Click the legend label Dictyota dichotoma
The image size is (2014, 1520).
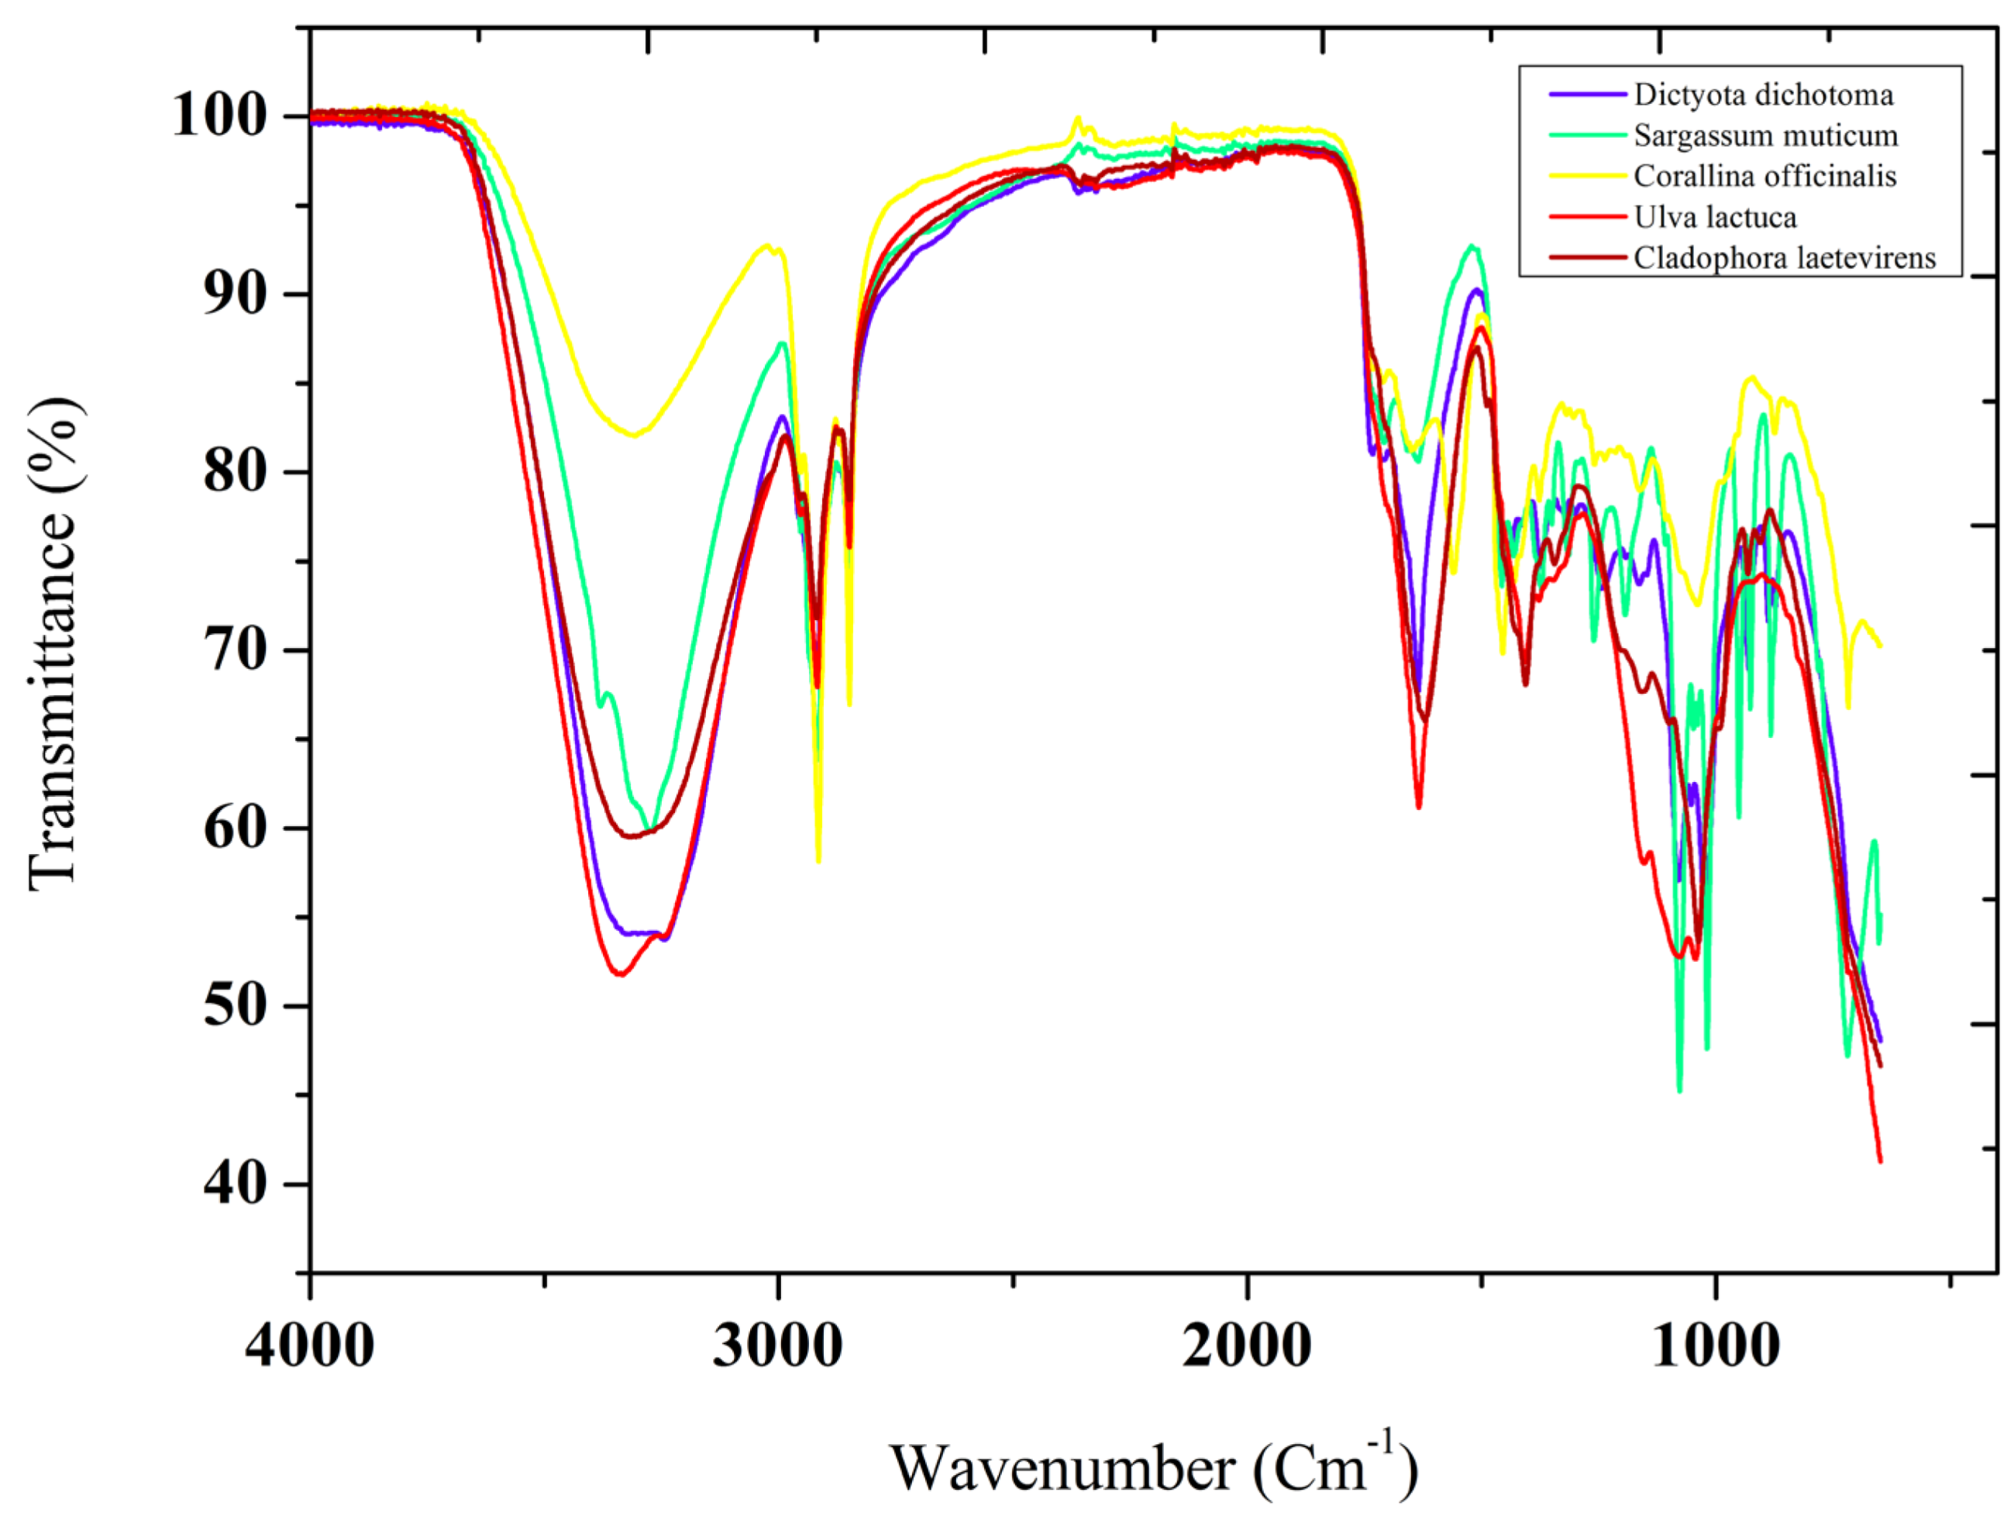pyautogui.click(x=1763, y=95)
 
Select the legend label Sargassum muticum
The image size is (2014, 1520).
pyautogui.click(x=1765, y=136)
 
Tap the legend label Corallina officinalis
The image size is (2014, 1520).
pyautogui.click(x=1764, y=176)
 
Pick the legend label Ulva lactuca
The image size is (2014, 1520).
pyautogui.click(x=1714, y=217)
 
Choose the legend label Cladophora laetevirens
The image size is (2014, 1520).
pyautogui.click(x=1784, y=258)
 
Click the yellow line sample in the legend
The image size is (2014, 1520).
pyautogui.click(x=1587, y=175)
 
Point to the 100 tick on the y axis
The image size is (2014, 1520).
pyautogui.click(x=219, y=116)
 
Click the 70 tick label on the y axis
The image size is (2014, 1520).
pyautogui.click(x=234, y=650)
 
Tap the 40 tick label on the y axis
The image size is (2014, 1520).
pyautogui.click(x=234, y=1184)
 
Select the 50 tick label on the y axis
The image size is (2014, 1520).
pyautogui.click(x=234, y=1006)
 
